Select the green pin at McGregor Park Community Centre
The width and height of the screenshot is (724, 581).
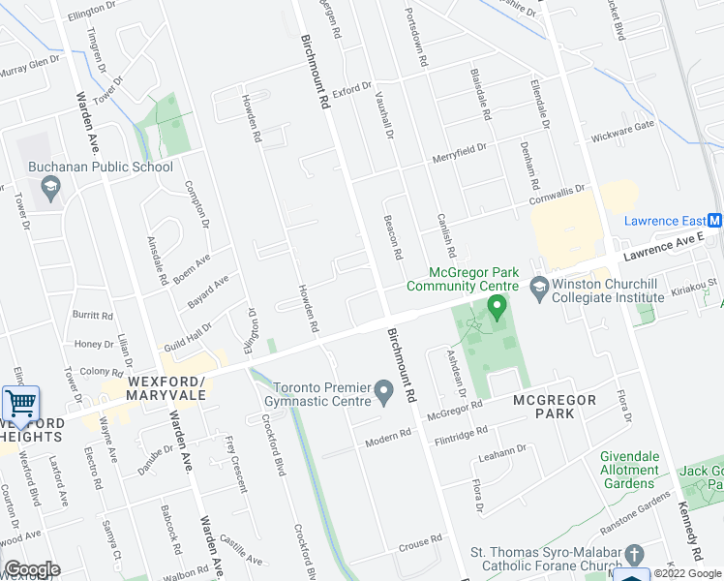tap(498, 309)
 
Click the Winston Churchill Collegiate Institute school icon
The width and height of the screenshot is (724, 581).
tap(538, 286)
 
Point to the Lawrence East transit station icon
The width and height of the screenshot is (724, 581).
tap(714, 221)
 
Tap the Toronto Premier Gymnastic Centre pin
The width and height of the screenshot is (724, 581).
tap(384, 392)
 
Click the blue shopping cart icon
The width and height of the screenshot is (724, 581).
tap(20, 403)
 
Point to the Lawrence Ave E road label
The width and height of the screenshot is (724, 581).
tap(663, 249)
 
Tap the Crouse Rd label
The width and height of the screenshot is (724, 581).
tap(419, 542)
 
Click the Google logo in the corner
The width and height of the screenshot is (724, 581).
tap(32, 569)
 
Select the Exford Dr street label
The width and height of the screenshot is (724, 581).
tap(351, 90)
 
